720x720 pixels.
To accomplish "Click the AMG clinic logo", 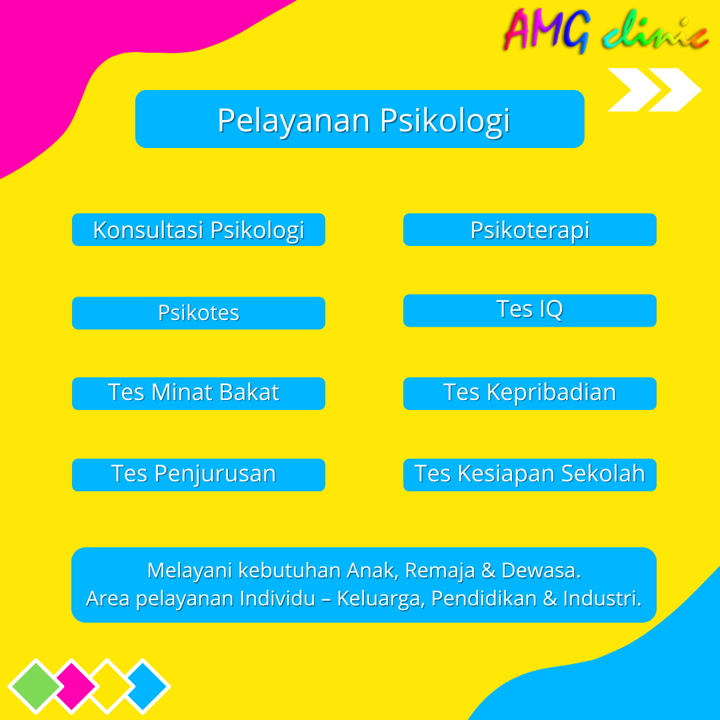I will tap(605, 31).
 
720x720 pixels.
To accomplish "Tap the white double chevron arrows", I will tap(653, 89).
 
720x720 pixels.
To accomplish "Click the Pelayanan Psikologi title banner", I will tap(360, 119).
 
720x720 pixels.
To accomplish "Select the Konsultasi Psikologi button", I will tap(199, 230).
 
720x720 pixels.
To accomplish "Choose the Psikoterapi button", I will tap(530, 230).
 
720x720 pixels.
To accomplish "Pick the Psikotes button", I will tap(199, 313).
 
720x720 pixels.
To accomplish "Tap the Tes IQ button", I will tap(530, 311).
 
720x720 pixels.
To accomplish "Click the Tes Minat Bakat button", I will tap(199, 393).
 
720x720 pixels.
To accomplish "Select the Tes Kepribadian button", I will tap(530, 393).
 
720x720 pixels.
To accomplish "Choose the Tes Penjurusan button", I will tap(199, 475).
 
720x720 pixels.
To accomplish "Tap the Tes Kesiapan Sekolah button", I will tap(530, 475).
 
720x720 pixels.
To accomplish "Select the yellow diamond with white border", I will tap(112, 685).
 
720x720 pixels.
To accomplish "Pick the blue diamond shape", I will tap(147, 685).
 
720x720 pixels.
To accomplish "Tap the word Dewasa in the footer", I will tap(541, 571).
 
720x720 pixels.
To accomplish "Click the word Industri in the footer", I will tap(601, 599).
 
